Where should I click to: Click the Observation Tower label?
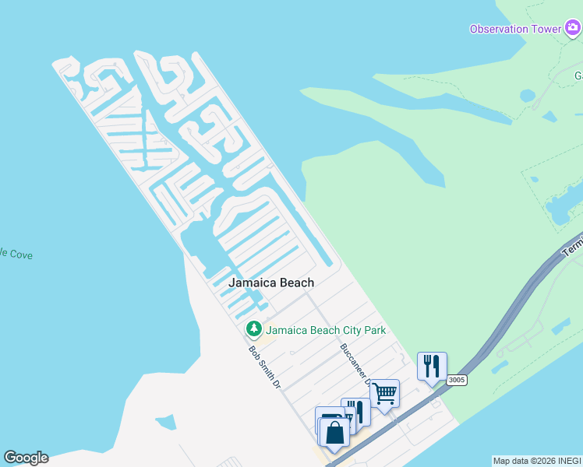pyautogui.click(x=514, y=30)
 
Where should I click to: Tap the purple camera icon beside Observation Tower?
pyautogui.click(x=572, y=30)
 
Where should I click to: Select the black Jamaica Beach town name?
pyautogui.click(x=271, y=283)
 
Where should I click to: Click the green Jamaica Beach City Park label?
pyautogui.click(x=327, y=331)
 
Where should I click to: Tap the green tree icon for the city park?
pyautogui.click(x=253, y=330)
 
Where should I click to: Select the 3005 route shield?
pyautogui.click(x=457, y=380)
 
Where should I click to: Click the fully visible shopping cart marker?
pyautogui.click(x=384, y=393)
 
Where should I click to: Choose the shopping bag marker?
pyautogui.click(x=334, y=432)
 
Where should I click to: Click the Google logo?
pyautogui.click(x=26, y=458)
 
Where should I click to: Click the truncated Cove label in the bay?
pyautogui.click(x=16, y=255)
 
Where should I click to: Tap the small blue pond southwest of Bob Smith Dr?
pyautogui.click(x=165, y=423)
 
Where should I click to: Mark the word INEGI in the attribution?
pyautogui.click(x=570, y=461)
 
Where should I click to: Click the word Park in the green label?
pyautogui.click(x=373, y=331)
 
